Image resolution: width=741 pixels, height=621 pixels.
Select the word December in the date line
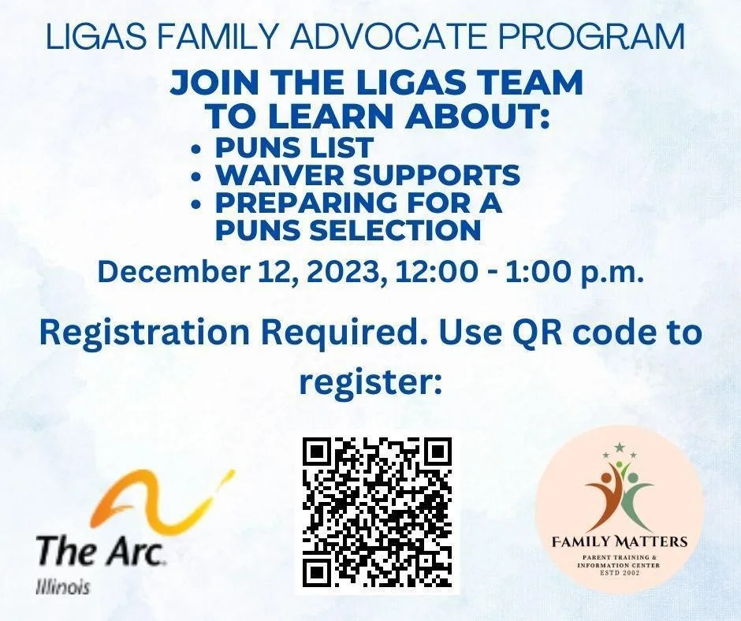coord(173,273)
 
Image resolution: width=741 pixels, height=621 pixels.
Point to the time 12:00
coord(438,273)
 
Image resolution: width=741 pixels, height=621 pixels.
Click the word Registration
coord(144,333)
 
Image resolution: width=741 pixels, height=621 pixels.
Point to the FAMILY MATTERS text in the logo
coord(620,541)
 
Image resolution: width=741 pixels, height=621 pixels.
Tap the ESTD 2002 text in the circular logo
coord(619,573)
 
